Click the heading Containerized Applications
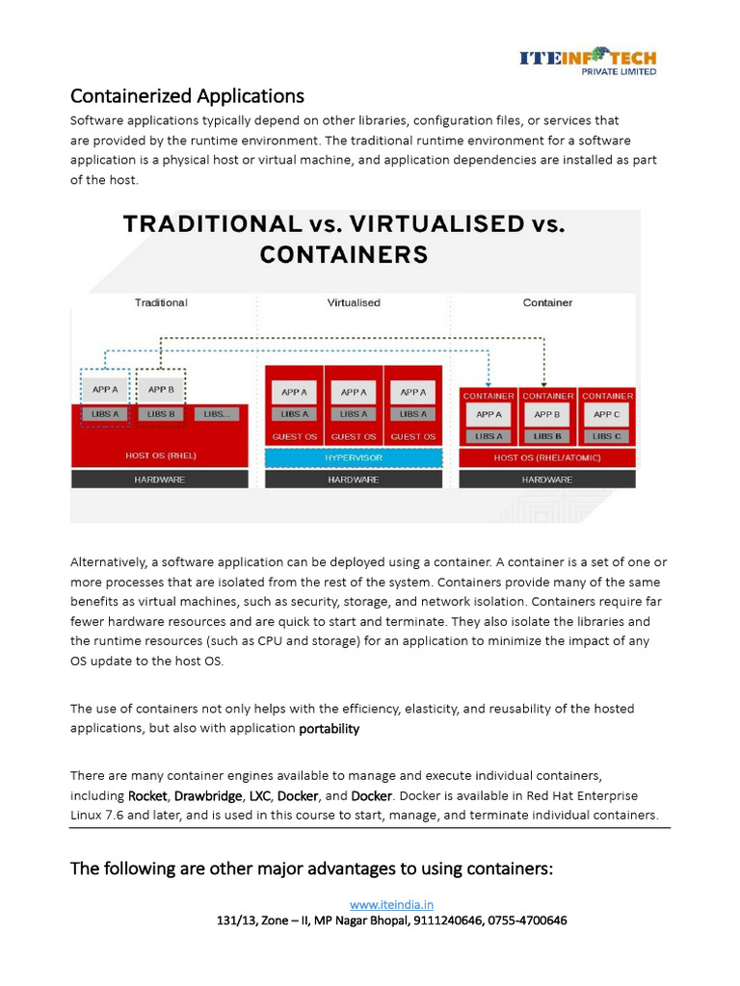coord(187,96)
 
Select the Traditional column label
coord(161,302)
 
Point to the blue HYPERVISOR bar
coord(354,458)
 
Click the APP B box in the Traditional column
coord(161,390)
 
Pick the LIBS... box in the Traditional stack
coord(217,414)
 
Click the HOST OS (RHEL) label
coord(161,454)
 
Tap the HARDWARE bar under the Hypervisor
coord(354,480)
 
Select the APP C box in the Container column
coord(607,415)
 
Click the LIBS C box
coord(607,436)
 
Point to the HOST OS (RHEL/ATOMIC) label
coord(547,458)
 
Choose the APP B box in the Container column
coord(547,415)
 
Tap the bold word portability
coord(330,729)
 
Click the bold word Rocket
coord(148,796)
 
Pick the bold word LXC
coord(259,796)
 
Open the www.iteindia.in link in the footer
coord(391,904)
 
